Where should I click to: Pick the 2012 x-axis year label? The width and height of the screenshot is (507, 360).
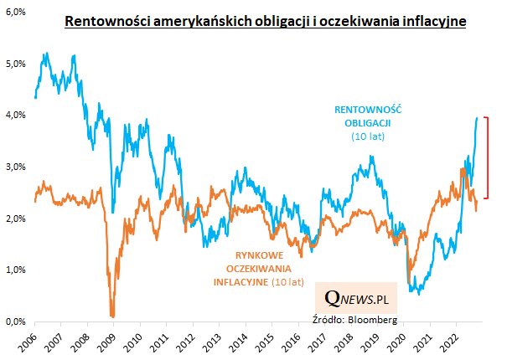(185, 342)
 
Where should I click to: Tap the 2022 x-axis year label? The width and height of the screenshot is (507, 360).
(453, 342)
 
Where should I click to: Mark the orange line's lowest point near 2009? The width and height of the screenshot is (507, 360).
(112, 316)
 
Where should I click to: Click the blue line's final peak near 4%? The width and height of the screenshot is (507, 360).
(477, 118)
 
